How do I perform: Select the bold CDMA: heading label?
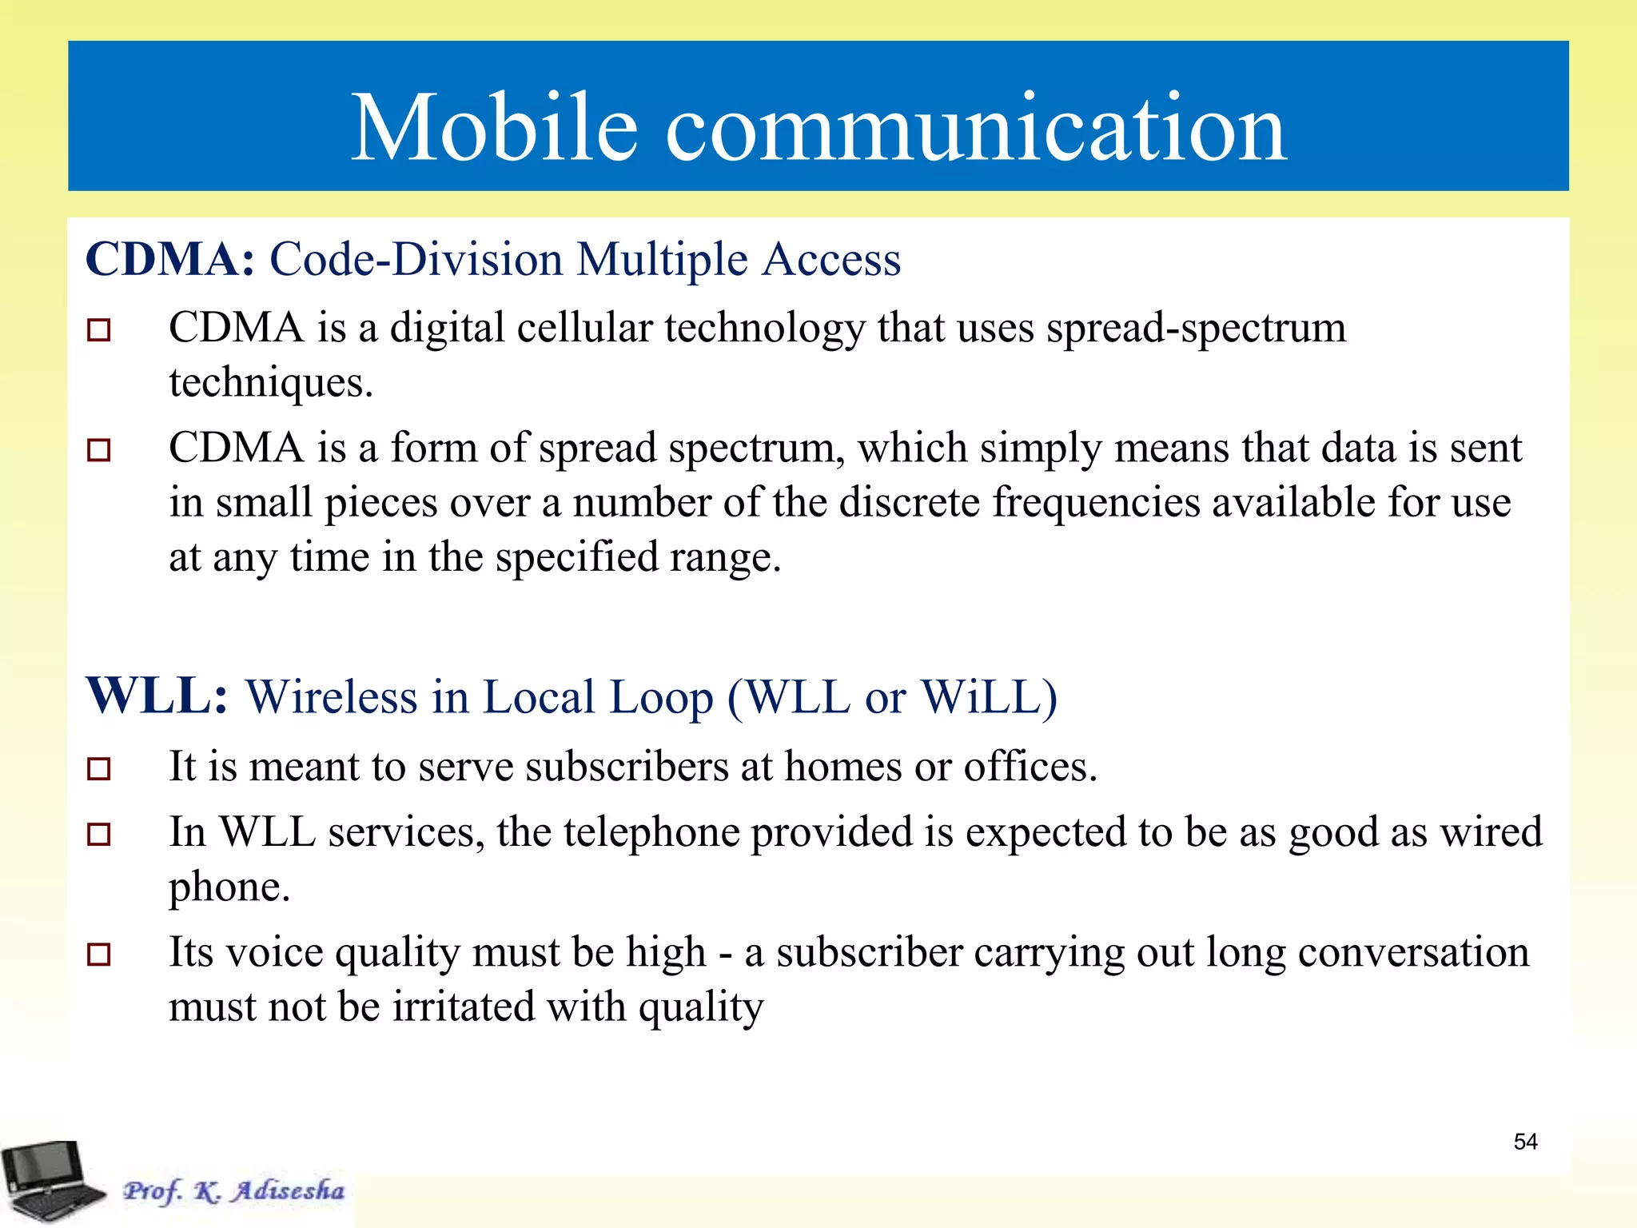pyautogui.click(x=169, y=259)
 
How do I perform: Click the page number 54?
pyautogui.click(x=1525, y=1142)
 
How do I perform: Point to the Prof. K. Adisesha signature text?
pyautogui.click(x=233, y=1190)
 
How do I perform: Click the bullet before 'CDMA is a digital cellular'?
pyautogui.click(x=98, y=329)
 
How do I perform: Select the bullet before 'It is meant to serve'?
pyautogui.click(x=98, y=769)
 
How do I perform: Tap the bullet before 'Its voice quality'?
pyautogui.click(x=98, y=954)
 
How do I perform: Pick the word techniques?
pyautogui.click(x=270, y=382)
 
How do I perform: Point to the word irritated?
pyautogui.click(x=463, y=1007)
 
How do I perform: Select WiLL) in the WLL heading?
pyautogui.click(x=990, y=697)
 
